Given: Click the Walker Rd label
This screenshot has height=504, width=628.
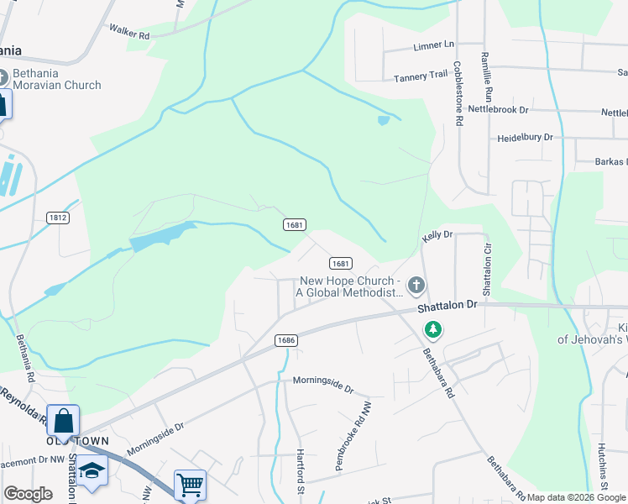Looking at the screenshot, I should pos(128,32).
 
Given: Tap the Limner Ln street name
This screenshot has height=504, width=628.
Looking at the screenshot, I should pos(433,44).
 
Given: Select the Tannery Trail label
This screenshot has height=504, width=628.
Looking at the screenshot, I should pos(421,76).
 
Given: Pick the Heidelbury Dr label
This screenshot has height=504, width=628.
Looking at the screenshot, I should pos(526,137).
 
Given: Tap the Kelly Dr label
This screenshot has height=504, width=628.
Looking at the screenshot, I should pos(437,236).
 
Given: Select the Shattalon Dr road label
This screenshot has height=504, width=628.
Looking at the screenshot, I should pos(446,308).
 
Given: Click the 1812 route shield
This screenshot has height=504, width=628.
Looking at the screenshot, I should pos(58,218).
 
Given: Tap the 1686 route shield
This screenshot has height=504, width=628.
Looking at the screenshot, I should pos(286,339).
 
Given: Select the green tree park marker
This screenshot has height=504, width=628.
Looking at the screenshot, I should pos(433,329).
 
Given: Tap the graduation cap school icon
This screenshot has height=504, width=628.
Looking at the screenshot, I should pos(93,470).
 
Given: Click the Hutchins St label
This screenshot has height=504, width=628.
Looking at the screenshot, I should pos(602,466).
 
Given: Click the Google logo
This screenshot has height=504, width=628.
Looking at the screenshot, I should pos(28,494).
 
